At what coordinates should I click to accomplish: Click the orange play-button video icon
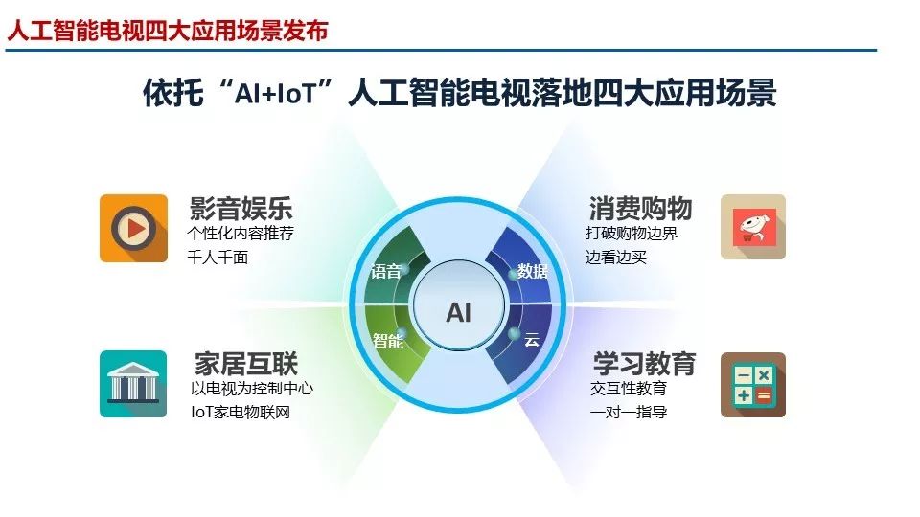[134, 228]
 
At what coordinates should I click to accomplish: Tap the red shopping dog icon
[753, 227]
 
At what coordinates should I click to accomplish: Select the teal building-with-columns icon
[133, 384]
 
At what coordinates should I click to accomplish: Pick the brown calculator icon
[753, 385]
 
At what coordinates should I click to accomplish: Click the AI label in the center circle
[458, 312]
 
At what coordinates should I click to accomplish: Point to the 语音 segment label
[385, 271]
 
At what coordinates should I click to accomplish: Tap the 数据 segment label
[532, 271]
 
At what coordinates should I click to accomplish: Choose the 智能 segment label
[388, 341]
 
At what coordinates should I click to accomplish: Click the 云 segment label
[532, 339]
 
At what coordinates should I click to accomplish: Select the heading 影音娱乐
[241, 209]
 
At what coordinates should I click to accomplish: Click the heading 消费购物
[640, 209]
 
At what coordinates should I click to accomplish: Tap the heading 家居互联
[246, 364]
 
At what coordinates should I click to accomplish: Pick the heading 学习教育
[644, 364]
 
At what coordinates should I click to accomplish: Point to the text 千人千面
[218, 258]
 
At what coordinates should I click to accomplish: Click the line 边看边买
[615, 258]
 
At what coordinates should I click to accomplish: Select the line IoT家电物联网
[241, 412]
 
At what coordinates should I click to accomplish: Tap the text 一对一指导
[629, 412]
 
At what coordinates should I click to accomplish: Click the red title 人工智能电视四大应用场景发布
[168, 31]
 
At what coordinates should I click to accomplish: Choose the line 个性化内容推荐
[241, 234]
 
